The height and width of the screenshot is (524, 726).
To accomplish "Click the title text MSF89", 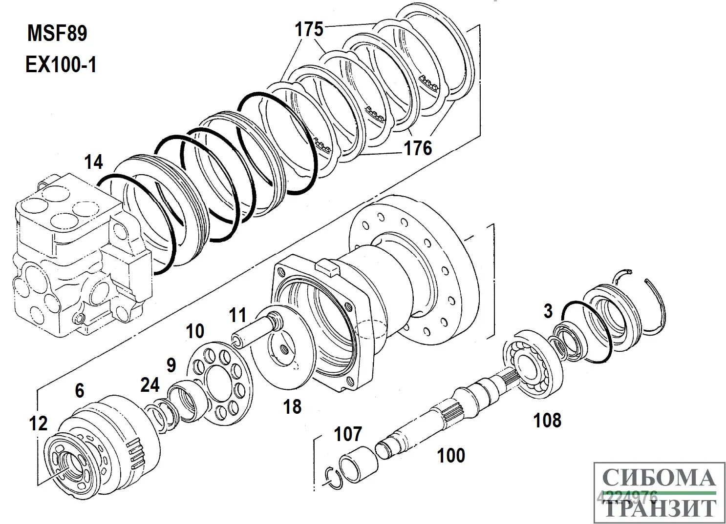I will tap(57, 34).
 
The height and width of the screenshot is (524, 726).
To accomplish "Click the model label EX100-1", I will tap(61, 64).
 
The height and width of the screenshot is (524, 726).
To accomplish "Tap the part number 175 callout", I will tap(309, 30).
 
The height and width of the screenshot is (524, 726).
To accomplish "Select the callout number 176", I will tap(418, 147).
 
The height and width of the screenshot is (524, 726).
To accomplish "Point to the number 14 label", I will tap(93, 162).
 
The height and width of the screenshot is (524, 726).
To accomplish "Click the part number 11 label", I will tap(238, 315).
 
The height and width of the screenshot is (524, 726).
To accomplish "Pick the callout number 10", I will tap(195, 331).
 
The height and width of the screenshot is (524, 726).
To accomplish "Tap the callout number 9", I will tap(171, 365).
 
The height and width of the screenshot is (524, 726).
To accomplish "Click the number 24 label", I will tap(150, 385).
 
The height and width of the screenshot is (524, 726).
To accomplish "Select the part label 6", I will tap(79, 390).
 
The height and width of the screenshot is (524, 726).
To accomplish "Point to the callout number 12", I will tap(38, 423).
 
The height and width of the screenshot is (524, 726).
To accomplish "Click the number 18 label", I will tap(293, 406).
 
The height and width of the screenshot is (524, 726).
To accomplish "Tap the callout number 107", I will tap(348, 433).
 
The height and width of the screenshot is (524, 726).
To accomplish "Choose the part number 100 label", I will tap(451, 455).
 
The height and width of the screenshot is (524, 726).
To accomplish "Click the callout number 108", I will tap(547, 420).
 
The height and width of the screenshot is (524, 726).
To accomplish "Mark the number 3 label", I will tap(548, 311).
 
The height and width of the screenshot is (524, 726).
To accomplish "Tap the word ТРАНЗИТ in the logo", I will tap(659, 508).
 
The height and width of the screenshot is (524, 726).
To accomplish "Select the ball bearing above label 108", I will tap(533, 362).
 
